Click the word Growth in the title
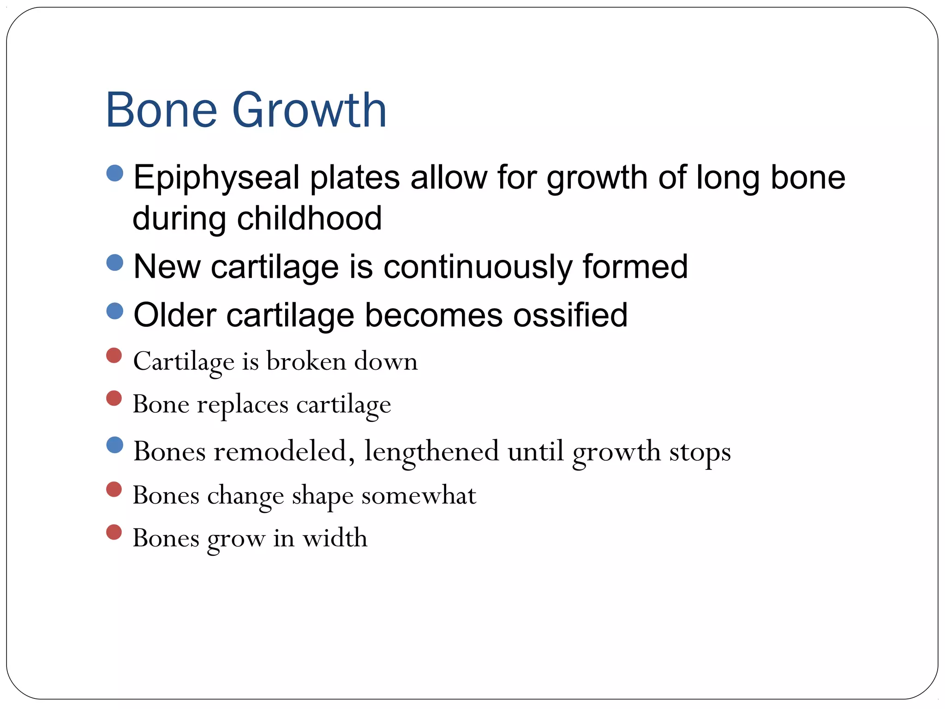(309, 111)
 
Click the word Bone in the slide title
(161, 111)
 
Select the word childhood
(309, 218)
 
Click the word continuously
(478, 267)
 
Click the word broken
(306, 361)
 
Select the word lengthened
(431, 451)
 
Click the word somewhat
(419, 496)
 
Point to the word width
(335, 538)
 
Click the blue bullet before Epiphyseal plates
(114, 174)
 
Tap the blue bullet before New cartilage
(114, 263)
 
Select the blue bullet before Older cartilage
(114, 311)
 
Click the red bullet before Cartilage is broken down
(114, 355)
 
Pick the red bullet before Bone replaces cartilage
(114, 398)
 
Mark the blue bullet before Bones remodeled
(114, 445)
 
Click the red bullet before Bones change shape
(114, 489)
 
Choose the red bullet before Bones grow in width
(114, 532)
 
